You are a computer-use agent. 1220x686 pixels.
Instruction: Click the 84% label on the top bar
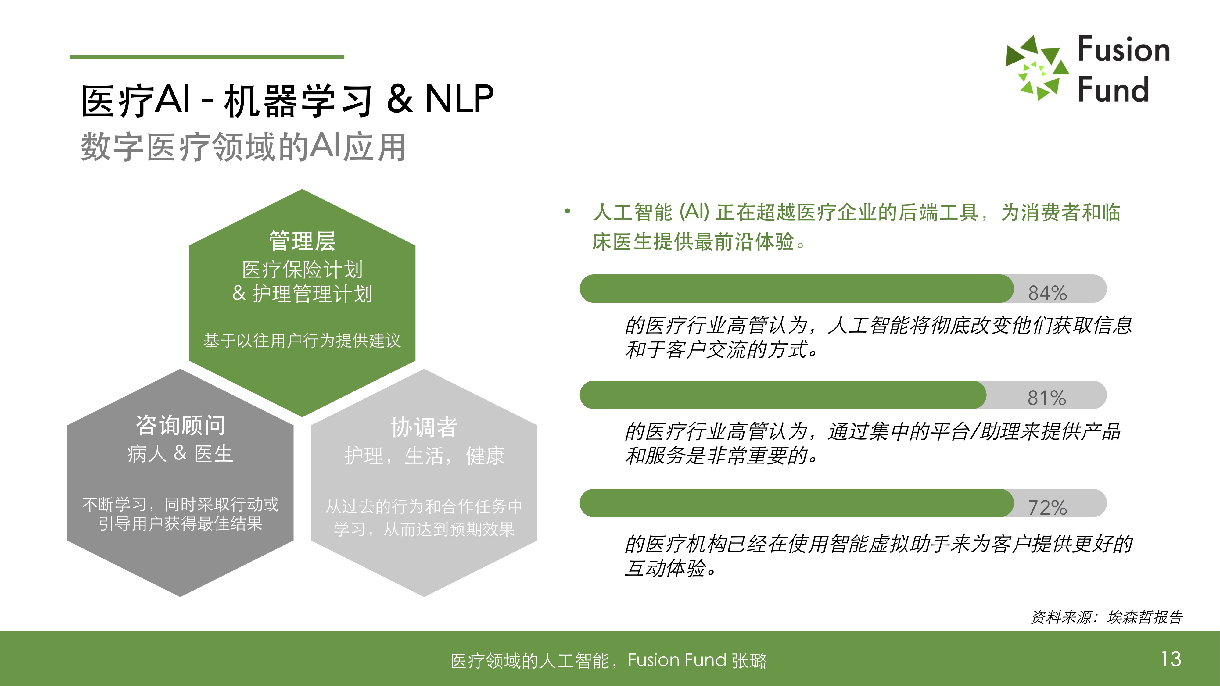(x=1047, y=293)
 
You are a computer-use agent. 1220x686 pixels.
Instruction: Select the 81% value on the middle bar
(x=1047, y=398)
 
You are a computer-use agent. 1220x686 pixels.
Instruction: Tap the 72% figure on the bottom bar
(x=1047, y=508)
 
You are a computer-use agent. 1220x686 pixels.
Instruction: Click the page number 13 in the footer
(x=1171, y=659)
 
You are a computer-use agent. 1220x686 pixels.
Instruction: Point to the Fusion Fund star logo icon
(x=1037, y=68)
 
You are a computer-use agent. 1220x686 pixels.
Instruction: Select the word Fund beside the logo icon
(x=1114, y=89)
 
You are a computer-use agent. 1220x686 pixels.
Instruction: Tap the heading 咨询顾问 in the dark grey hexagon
(x=181, y=425)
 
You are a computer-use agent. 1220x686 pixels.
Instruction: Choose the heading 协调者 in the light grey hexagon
(x=424, y=427)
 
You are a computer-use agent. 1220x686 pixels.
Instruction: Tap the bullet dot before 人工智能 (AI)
(x=567, y=212)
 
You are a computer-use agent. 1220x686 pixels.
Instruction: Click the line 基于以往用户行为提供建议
(x=302, y=340)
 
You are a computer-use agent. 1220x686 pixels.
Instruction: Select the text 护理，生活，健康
(x=424, y=456)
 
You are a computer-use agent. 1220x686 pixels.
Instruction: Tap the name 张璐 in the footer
(x=749, y=660)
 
